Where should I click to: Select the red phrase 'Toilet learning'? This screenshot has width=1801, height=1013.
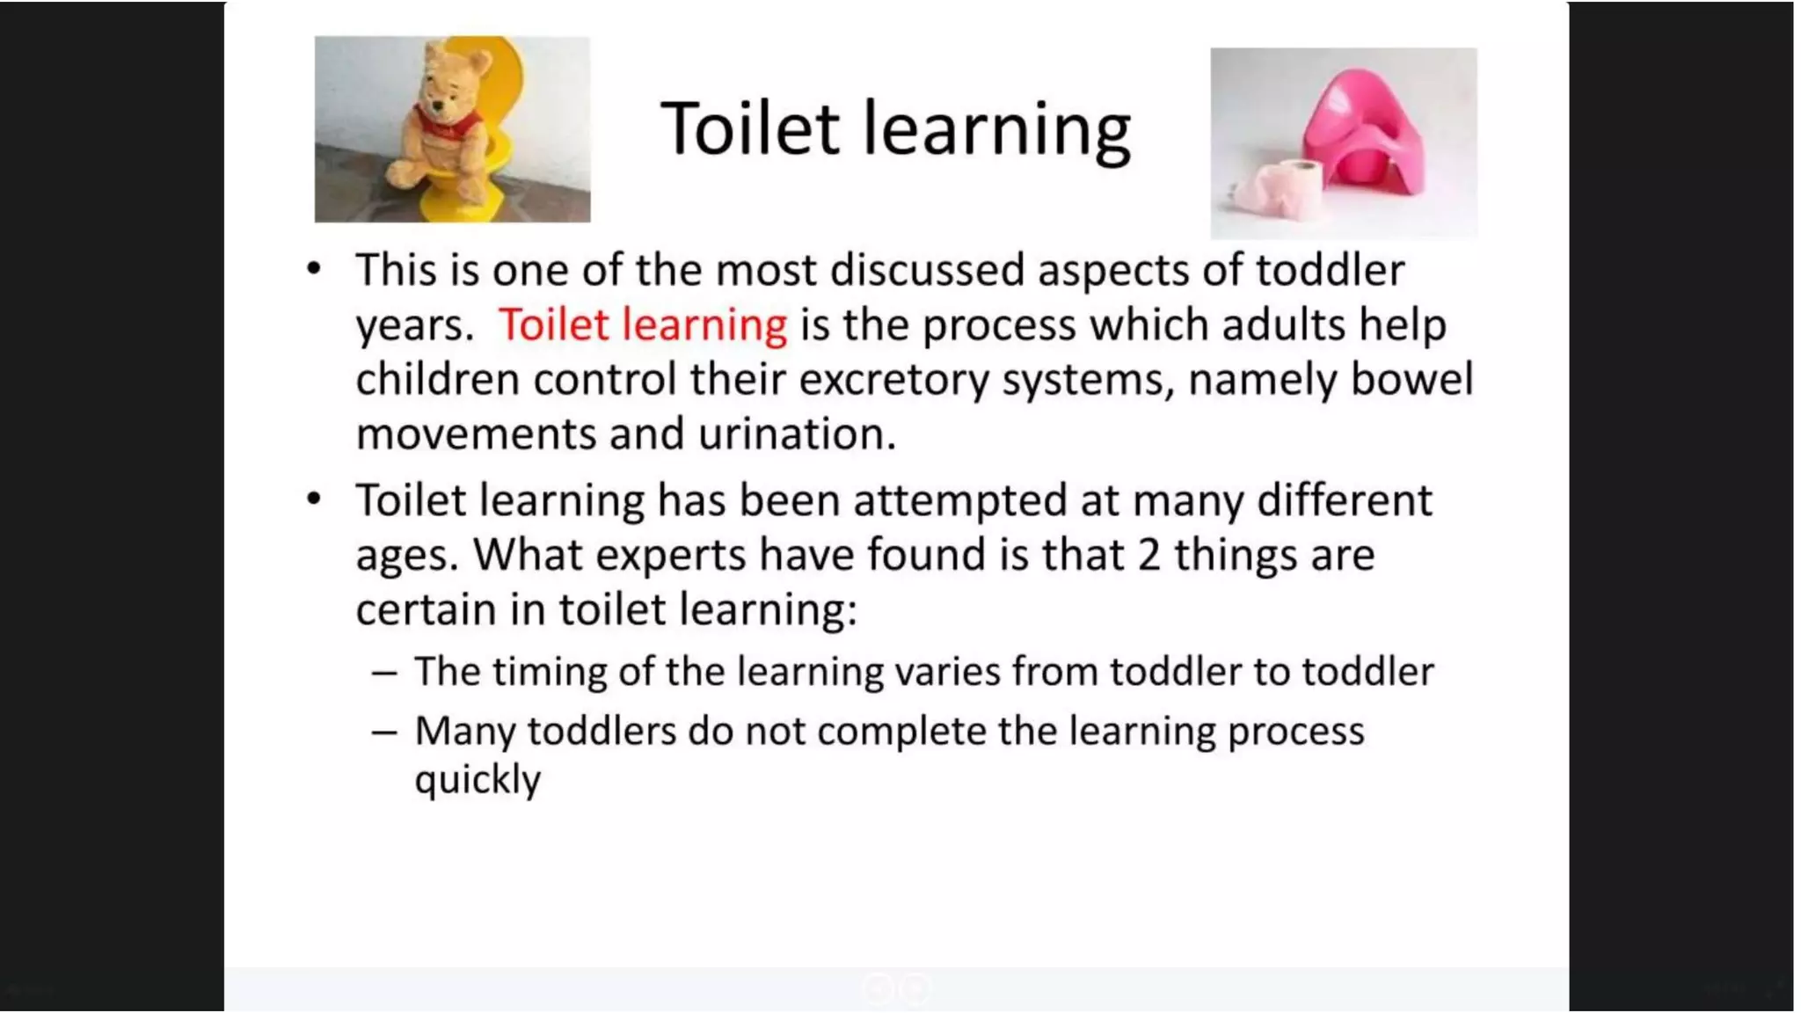coord(643,324)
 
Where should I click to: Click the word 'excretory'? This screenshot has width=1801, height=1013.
coord(893,380)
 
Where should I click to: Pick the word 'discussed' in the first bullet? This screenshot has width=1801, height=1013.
coord(927,270)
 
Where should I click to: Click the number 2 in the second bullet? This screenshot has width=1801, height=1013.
coord(1148,555)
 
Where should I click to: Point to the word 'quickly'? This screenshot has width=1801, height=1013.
coord(478,780)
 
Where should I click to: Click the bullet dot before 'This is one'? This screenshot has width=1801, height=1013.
coord(314,268)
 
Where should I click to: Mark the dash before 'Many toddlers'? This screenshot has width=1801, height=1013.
coord(384,732)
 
